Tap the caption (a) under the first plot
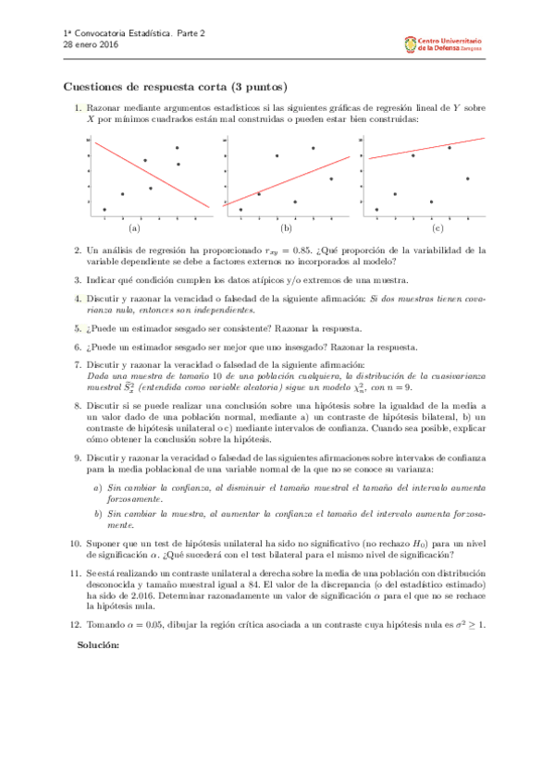[134, 227]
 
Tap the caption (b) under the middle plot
[286, 227]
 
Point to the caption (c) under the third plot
[437, 227]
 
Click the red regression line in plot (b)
[287, 180]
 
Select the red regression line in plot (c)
[425, 149]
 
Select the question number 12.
[76, 625]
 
